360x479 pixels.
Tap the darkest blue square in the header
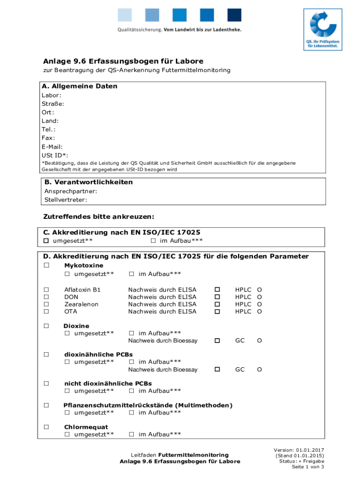pyautogui.click(x=234, y=15)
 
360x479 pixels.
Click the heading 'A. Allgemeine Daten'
pyautogui.click(x=80, y=87)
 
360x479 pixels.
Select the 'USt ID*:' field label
pyautogui.click(x=55, y=155)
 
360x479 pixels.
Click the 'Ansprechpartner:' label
pyautogui.click(x=71, y=191)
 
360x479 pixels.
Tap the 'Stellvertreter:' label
pyautogui.click(x=65, y=200)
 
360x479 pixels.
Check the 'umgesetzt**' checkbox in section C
pyautogui.click(x=46, y=241)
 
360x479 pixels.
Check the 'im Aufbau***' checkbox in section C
pyautogui.click(x=153, y=241)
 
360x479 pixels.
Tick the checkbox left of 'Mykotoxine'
pyautogui.click(x=46, y=266)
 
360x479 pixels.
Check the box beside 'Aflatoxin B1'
pyautogui.click(x=46, y=290)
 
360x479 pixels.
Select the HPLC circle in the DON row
pyautogui.click(x=259, y=297)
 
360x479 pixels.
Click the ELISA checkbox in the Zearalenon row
pyautogui.click(x=216, y=304)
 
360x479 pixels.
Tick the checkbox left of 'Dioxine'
pyautogui.click(x=46, y=326)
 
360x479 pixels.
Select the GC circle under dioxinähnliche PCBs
pyautogui.click(x=259, y=370)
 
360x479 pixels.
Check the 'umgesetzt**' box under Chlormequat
pyautogui.click(x=67, y=435)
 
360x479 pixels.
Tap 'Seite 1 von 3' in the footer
pyautogui.click(x=308, y=467)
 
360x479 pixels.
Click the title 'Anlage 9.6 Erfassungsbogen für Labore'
pyautogui.click(x=123, y=61)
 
